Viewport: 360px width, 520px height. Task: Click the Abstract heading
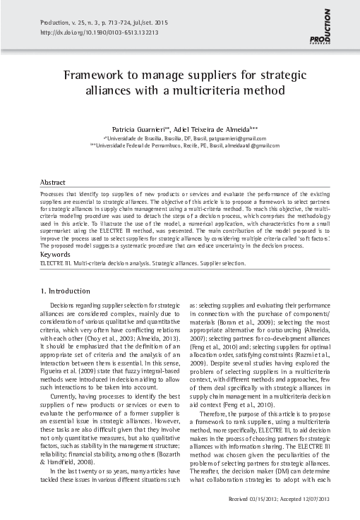pos(53,181)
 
